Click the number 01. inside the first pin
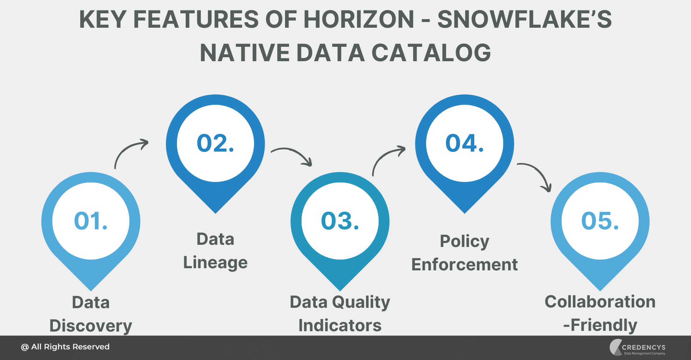pos(91,221)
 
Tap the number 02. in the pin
pos(215,143)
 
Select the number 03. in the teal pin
pos(340,221)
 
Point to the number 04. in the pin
pos(464,143)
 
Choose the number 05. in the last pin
pos(600,221)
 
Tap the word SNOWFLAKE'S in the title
pos(524,19)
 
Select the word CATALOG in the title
pos(431,53)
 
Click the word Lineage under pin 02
pos(215,263)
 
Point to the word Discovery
pos(91,326)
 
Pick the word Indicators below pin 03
pos(340,325)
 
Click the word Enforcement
pos(464,265)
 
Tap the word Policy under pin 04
pos(464,241)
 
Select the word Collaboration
pos(600,302)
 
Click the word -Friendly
pos(600,325)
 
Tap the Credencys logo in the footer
pos(637,347)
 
